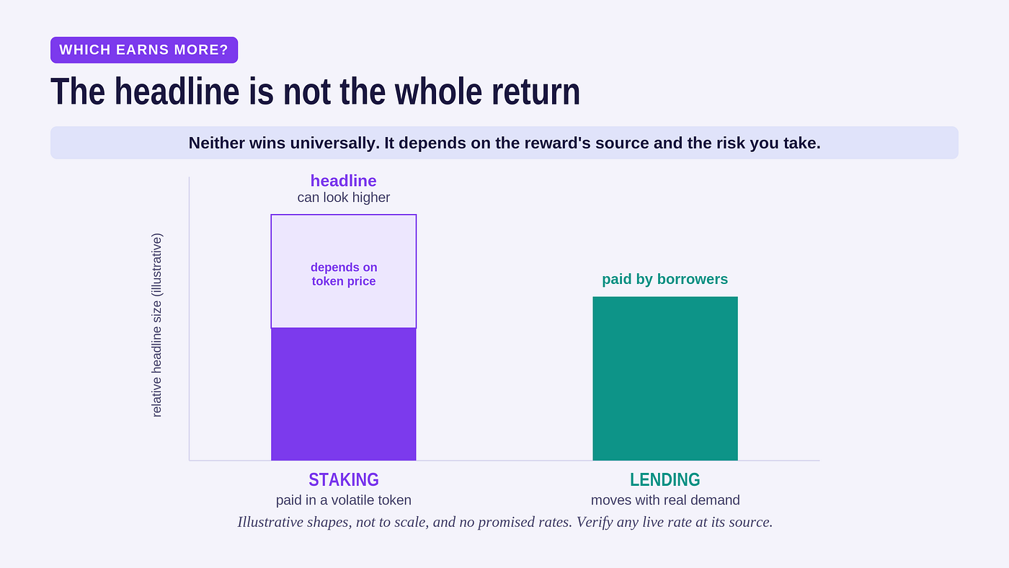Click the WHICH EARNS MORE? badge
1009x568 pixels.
(x=144, y=50)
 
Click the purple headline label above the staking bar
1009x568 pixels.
(x=343, y=181)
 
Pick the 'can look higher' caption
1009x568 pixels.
(x=343, y=198)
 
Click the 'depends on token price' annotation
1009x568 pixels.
(x=344, y=274)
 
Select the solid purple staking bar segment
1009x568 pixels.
(x=343, y=394)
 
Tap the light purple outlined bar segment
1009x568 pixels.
(x=343, y=271)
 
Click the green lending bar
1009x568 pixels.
(x=664, y=378)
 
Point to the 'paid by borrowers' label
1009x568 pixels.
(x=664, y=279)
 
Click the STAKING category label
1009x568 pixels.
(x=343, y=480)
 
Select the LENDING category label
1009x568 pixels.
(x=664, y=480)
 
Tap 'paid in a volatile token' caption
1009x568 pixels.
(x=343, y=500)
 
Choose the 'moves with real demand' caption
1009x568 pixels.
(x=664, y=500)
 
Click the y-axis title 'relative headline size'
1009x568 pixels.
(x=156, y=325)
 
